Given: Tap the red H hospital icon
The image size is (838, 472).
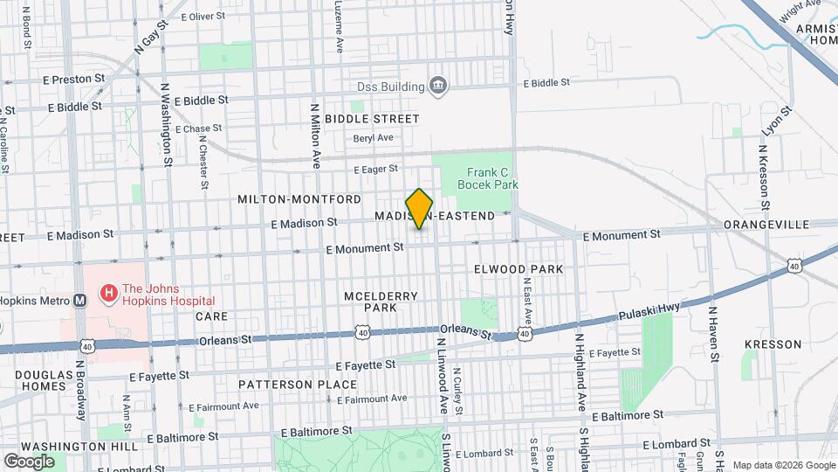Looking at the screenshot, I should [x=110, y=294].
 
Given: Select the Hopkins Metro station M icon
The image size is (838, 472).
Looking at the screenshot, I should [x=79, y=299].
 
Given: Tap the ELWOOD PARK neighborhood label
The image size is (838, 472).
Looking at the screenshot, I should [x=519, y=269].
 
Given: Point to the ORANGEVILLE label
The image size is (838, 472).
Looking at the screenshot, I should [x=766, y=225].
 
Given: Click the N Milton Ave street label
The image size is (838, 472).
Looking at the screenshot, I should [x=316, y=134].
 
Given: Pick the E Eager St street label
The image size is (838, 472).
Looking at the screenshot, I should [x=375, y=169].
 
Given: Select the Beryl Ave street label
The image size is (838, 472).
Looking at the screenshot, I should [x=374, y=138].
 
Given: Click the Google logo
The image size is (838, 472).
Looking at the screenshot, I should [x=29, y=461].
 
